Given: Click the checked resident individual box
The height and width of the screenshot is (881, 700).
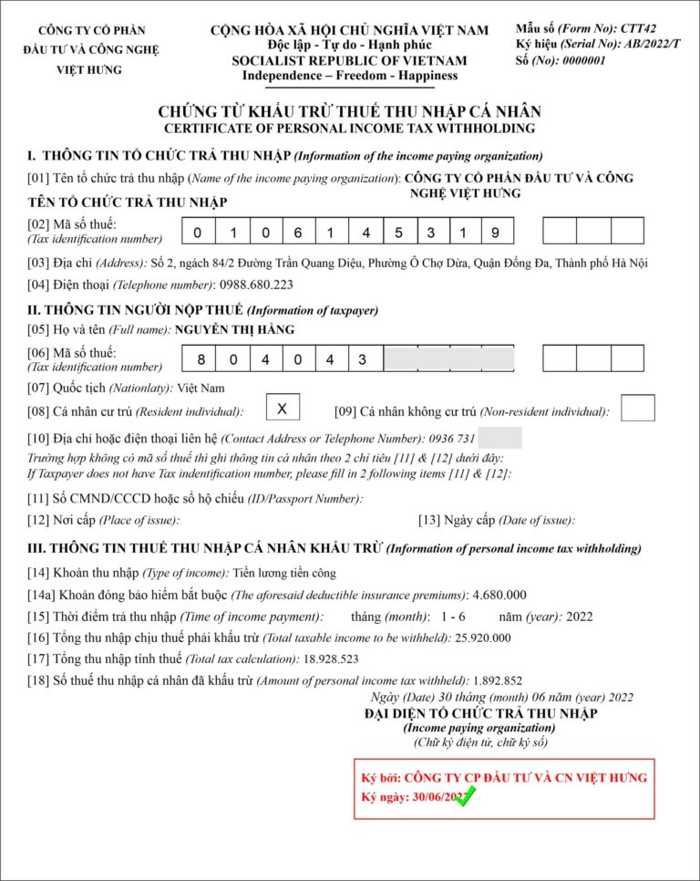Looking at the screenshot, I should pos(283,408).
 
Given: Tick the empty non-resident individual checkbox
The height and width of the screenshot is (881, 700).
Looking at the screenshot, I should pos(637,408).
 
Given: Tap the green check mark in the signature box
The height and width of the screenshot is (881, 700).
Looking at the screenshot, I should pos(466,796).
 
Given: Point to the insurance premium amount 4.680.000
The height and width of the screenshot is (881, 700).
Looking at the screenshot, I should pos(499,595).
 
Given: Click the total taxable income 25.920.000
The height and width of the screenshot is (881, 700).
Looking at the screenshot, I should pos(482,637).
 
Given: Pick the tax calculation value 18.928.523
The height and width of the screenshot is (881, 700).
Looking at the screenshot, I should pos(331,658).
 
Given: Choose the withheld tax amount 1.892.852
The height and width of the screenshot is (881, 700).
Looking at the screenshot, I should pos(498,679).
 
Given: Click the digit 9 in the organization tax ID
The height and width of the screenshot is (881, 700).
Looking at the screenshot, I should pos(495,233).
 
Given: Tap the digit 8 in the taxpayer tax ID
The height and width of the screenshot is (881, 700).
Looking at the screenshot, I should pos(201,359).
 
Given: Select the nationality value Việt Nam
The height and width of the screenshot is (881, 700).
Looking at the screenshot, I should pos(201,389).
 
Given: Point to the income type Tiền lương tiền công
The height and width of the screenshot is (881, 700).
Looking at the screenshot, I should pos(283,573).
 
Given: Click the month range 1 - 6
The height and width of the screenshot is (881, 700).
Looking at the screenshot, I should pos(453,617).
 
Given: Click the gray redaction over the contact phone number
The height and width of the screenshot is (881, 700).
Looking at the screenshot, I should pos(506,439).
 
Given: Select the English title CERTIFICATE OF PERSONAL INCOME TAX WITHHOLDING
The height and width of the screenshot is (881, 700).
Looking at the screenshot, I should pos(349,129).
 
